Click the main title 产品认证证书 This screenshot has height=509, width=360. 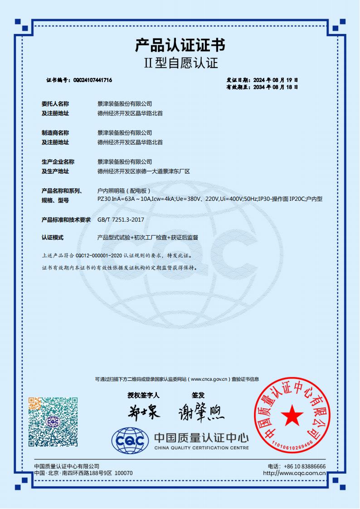[x=180, y=45]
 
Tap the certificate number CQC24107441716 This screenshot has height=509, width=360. [x=92, y=80]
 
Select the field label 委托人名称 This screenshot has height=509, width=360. [x=55, y=104]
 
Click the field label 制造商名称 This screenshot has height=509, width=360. [x=55, y=133]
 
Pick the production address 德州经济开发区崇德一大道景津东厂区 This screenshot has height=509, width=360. [x=143, y=171]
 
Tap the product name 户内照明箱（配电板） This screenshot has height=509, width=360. [x=124, y=191]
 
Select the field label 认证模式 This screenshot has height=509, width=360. [x=53, y=238]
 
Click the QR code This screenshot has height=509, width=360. [x=53, y=422]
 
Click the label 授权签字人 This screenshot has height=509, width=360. [x=141, y=395]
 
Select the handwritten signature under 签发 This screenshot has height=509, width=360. [x=201, y=412]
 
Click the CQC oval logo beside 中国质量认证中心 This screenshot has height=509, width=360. [x=130, y=440]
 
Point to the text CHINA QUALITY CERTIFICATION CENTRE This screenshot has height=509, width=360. [x=201, y=448]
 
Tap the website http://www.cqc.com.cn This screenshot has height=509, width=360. [x=294, y=473]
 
